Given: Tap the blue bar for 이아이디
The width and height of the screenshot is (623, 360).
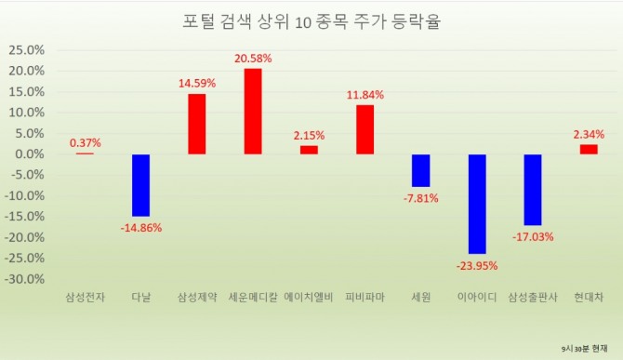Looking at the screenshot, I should (477, 203).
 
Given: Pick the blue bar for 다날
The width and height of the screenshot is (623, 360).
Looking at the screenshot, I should (140, 184).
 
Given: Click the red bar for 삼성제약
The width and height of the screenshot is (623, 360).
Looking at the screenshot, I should (197, 124).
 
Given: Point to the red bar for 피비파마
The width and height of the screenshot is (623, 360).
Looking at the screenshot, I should (365, 129).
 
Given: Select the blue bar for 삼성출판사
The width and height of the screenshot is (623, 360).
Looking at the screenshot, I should (533, 189).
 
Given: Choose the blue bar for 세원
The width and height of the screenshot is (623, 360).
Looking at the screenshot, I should (421, 170).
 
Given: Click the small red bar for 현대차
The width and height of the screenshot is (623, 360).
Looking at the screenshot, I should (589, 149).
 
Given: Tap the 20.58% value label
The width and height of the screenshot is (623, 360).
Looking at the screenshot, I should (253, 59).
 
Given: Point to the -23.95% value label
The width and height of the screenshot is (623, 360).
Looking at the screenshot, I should (477, 266).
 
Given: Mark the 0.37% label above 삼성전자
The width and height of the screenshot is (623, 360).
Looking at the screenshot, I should (85, 142).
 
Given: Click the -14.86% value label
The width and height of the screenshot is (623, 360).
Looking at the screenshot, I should (140, 228).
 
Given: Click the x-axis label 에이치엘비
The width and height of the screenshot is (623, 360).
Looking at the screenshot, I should (309, 298).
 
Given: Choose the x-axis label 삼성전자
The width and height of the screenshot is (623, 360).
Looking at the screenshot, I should (85, 298).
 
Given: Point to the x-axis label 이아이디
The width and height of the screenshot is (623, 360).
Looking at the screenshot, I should (477, 298).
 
